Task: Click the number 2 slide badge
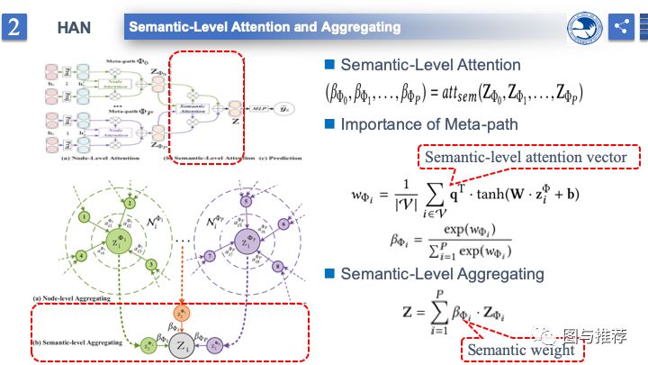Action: coord(15,26)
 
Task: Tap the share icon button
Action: coord(620,26)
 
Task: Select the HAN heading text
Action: coord(74,27)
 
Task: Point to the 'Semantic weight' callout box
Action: coord(520,349)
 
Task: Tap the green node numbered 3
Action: coord(152,264)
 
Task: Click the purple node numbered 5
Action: coord(247,202)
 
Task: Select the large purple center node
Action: coord(245,241)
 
